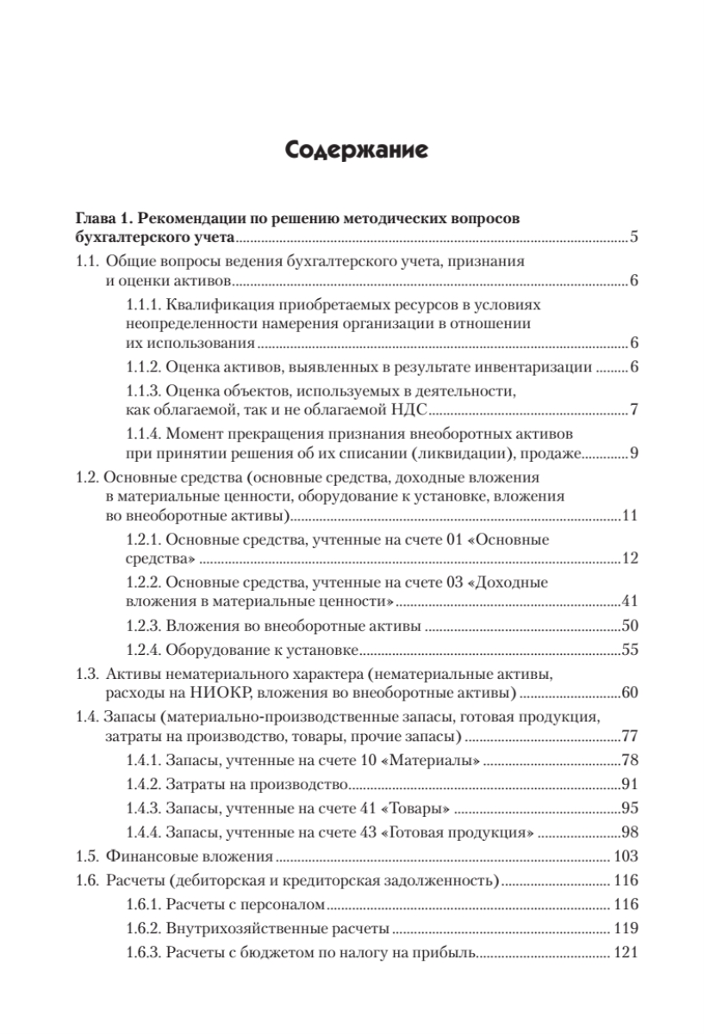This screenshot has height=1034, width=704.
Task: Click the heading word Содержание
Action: [x=352, y=153]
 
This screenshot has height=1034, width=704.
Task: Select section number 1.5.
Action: [x=86, y=857]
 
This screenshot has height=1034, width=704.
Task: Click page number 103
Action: [x=625, y=857]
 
